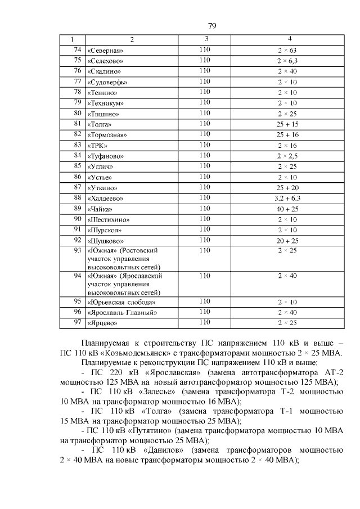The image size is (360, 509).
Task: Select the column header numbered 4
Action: pyautogui.click(x=289, y=39)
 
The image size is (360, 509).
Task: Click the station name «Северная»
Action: pyautogui.click(x=105, y=51)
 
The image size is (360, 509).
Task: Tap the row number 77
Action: pyautogui.click(x=78, y=82)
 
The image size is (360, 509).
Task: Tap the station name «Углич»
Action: pyautogui.click(x=101, y=166)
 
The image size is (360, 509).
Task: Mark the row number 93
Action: pyautogui.click(x=78, y=250)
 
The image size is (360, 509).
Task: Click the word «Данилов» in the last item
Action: pyautogui.click(x=165, y=450)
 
